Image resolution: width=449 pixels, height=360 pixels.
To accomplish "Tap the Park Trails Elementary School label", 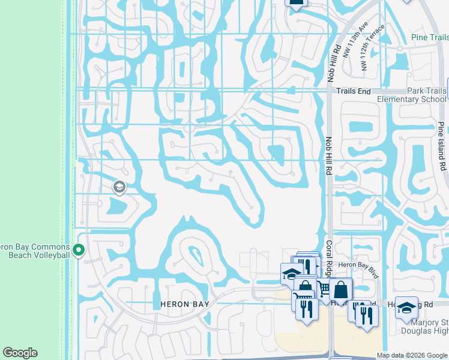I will coord(412,95).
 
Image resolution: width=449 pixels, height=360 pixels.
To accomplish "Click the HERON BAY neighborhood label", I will coord(185,304).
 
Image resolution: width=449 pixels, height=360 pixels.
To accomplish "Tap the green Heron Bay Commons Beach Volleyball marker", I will coord(78,249).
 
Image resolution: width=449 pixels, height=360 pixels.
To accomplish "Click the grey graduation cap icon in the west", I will coord(118,187).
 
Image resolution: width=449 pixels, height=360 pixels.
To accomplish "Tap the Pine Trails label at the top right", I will coord(430,38).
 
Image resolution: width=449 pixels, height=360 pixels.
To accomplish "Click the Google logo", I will coord(20,353).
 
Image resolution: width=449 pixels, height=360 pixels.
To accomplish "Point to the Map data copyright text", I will coord(412,355).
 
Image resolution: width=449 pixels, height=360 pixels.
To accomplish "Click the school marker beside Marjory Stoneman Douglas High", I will coord(406,307).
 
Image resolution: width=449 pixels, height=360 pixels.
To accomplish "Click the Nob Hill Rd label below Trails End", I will coord(329,155).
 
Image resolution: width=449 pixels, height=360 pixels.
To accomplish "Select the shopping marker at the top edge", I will coord(295,2).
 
